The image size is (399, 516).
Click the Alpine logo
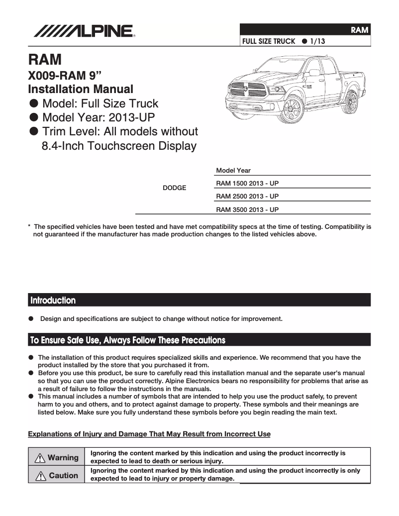[84, 32]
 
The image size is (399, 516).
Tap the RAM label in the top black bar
[359, 30]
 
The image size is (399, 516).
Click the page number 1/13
[317, 41]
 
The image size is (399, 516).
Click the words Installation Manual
[81, 90]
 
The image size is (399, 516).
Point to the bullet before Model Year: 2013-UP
[34, 117]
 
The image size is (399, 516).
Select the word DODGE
[175, 188]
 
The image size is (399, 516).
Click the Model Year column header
[233, 171]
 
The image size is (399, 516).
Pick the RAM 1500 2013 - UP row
[247, 183]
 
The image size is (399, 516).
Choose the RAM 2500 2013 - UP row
[247, 196]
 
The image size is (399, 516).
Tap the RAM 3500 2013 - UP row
[247, 209]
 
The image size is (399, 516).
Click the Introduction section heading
[53, 301]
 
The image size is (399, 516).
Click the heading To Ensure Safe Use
[128, 340]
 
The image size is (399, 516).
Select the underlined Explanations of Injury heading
[149, 434]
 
